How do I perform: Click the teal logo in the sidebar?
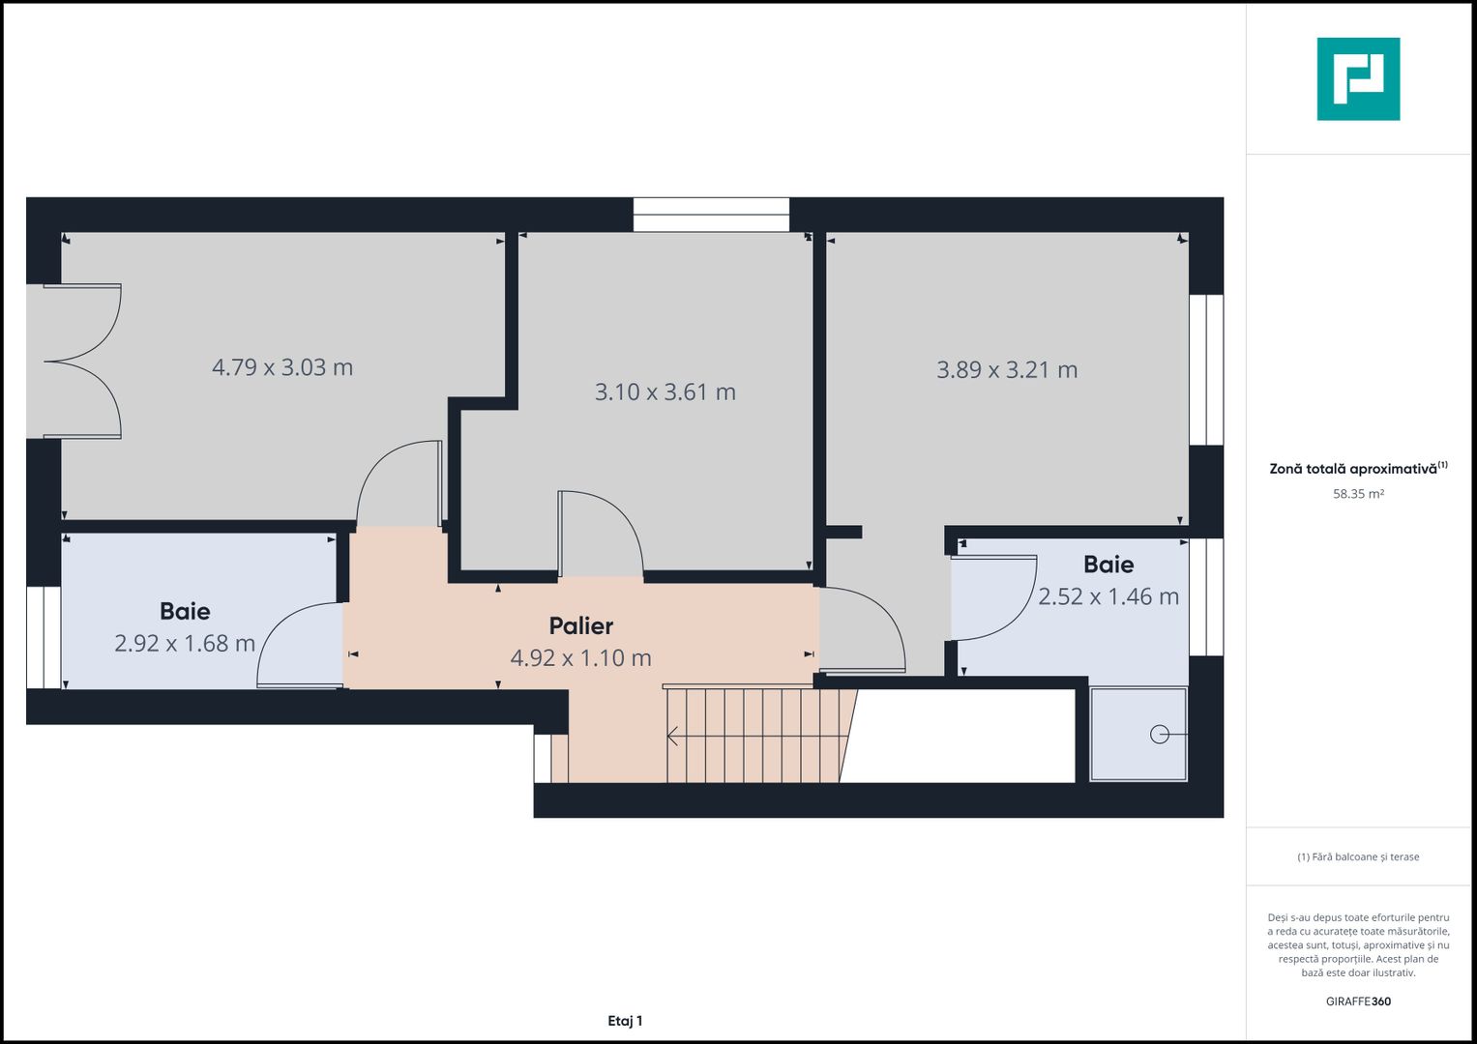[1358, 79]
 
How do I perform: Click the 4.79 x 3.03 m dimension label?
[282, 367]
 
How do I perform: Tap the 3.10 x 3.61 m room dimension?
[665, 391]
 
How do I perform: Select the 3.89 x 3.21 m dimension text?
[1006, 369]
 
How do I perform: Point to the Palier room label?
[580, 625]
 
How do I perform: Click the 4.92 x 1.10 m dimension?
[580, 658]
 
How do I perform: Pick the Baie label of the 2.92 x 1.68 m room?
[185, 611]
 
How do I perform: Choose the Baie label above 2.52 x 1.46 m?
[1108, 565]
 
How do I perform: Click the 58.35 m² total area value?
[1358, 494]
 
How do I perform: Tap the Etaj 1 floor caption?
[625, 1021]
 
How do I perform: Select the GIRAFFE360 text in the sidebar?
[1358, 1001]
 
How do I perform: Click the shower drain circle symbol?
[1159, 736]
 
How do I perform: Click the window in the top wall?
[711, 215]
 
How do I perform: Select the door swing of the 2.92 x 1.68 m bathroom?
[298, 646]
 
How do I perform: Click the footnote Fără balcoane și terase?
[1358, 856]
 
